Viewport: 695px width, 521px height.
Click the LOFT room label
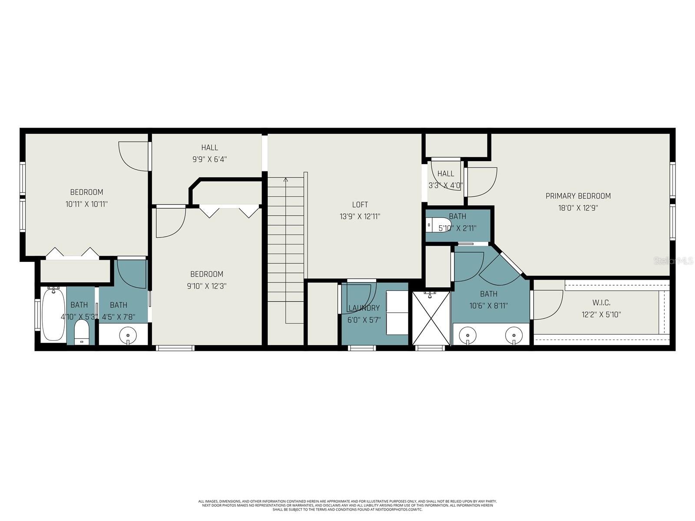tap(360, 204)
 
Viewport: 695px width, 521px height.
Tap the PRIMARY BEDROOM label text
tap(578, 196)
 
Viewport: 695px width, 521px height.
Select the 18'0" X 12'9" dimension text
tap(578, 208)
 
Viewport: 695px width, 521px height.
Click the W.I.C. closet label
tap(601, 303)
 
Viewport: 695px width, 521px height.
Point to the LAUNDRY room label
tap(364, 308)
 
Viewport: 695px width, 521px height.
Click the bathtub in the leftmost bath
tap(53, 315)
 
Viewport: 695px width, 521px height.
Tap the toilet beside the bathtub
tap(81, 332)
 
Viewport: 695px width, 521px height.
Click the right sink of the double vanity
tap(514, 336)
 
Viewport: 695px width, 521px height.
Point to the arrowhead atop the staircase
tap(285, 179)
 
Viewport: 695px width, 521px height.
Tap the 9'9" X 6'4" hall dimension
tap(209, 159)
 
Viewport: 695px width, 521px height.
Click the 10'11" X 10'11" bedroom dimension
tap(86, 204)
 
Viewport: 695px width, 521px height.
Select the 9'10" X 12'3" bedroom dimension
tap(206, 286)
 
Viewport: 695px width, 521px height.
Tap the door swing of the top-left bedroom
tap(134, 156)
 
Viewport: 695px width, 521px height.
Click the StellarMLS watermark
tap(674, 261)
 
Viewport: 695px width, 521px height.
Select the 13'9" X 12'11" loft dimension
tap(360, 217)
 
